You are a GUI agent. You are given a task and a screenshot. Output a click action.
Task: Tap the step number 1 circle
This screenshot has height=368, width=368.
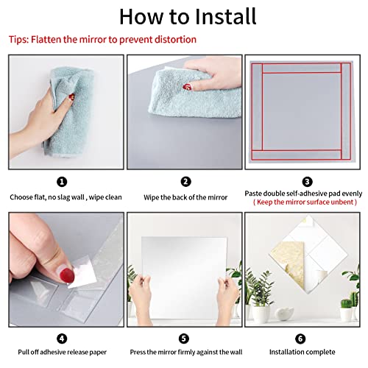tap(62, 181)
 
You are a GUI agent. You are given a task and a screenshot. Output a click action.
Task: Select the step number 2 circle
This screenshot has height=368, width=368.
tap(185, 181)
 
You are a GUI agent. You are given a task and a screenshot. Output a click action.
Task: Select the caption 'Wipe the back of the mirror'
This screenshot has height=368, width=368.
tap(185, 197)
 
